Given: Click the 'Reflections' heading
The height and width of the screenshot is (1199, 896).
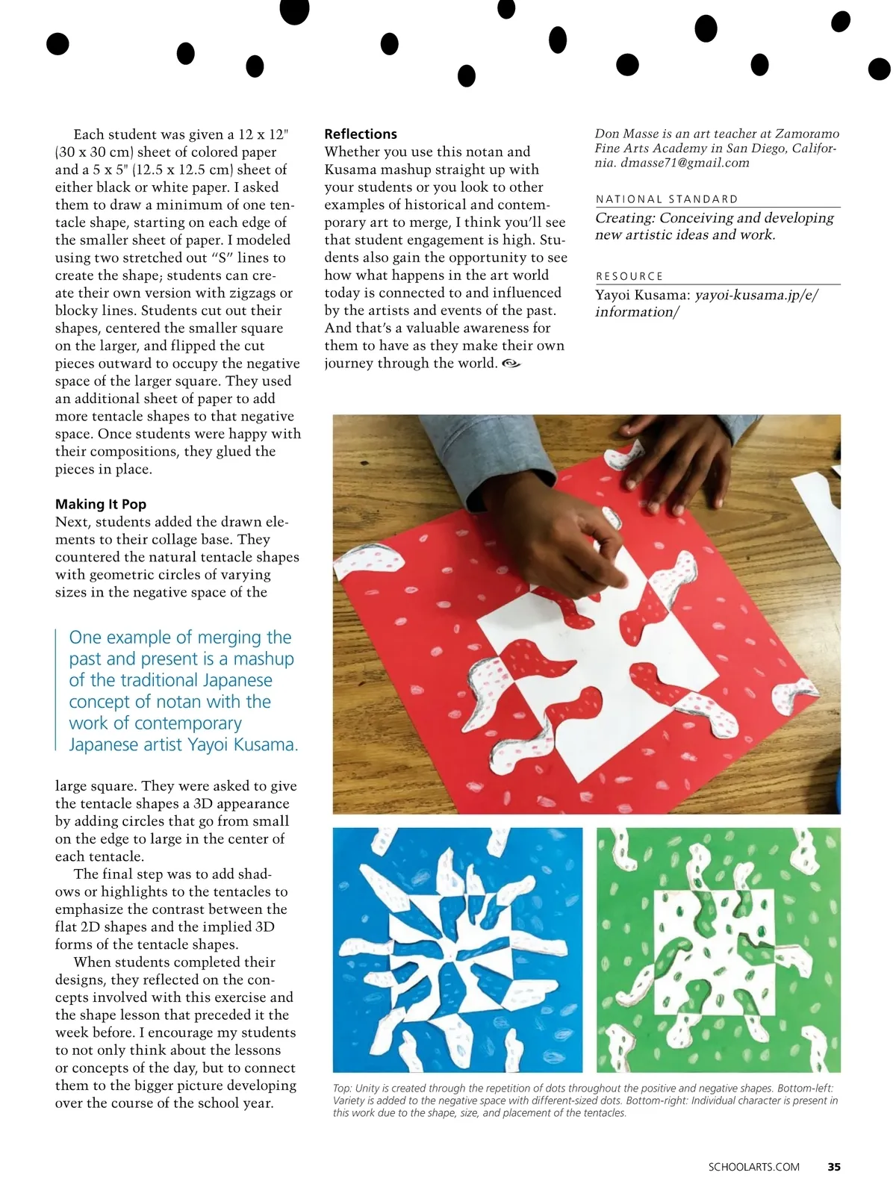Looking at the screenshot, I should point(361,134).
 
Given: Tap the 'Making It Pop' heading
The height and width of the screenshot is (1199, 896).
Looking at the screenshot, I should point(101,504).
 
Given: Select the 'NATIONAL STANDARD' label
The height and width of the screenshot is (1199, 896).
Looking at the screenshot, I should point(667,199).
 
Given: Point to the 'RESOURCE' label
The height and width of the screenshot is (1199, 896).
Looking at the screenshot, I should point(629,276).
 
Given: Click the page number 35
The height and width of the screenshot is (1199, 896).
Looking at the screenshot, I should point(834,1167).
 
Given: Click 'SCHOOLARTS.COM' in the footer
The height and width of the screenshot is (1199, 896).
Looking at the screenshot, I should point(753,1167).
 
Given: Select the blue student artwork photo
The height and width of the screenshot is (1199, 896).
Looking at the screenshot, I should point(457,950).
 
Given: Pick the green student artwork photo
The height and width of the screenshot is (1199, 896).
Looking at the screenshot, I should point(718,950).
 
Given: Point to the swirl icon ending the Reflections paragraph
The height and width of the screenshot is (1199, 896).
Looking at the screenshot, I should point(511,364).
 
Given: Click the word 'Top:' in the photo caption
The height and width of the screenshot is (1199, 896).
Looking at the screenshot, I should point(343,1089).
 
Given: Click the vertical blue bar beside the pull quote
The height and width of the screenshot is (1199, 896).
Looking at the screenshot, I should point(57,690).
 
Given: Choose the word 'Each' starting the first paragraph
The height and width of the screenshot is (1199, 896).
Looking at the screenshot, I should point(89,134).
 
